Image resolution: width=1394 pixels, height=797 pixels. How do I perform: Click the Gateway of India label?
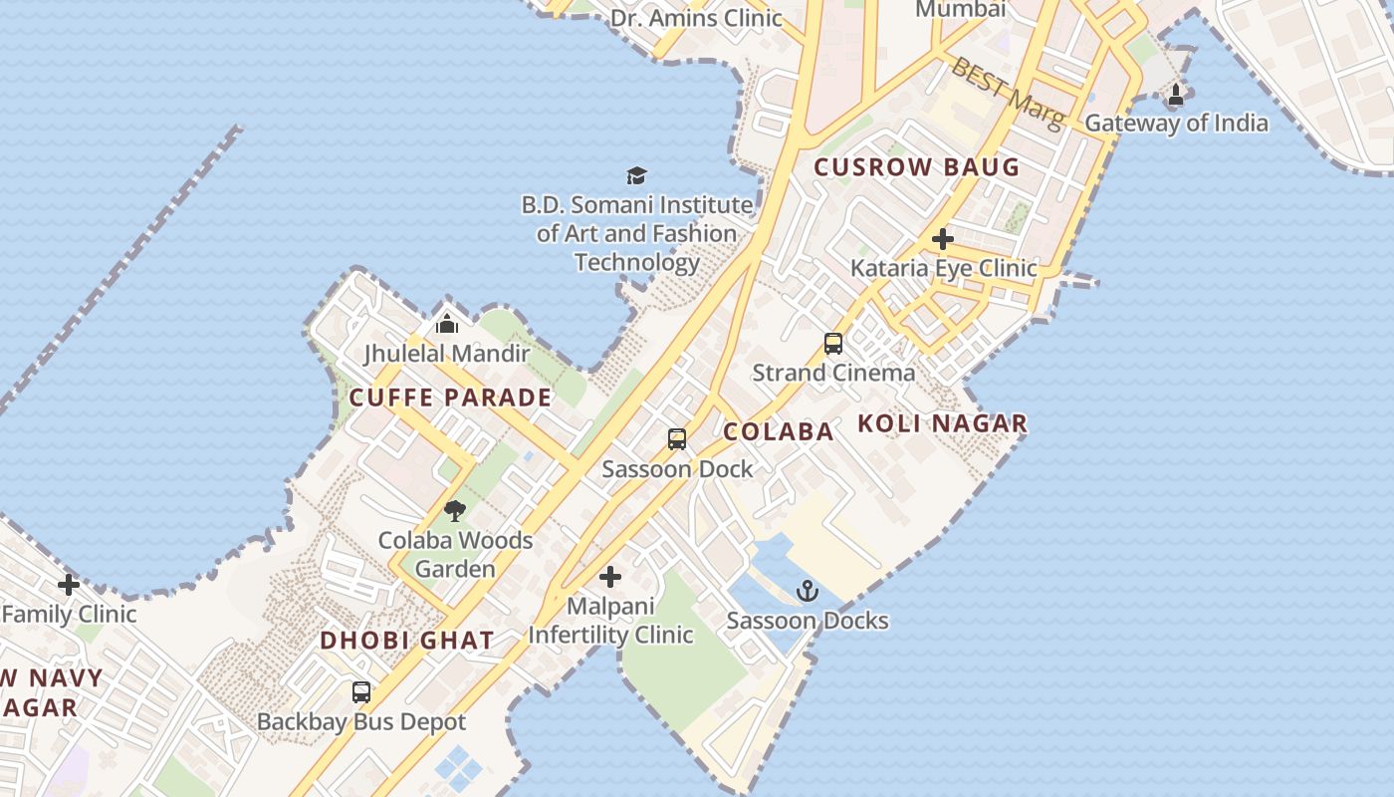point(1176,124)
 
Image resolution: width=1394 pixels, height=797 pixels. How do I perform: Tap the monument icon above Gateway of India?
point(1176,96)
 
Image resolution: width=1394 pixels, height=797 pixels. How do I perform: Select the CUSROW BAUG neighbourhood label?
point(917,167)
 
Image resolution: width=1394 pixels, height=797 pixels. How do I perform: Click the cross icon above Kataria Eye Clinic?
point(943,239)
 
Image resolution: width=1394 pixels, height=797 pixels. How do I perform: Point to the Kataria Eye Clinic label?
point(943,268)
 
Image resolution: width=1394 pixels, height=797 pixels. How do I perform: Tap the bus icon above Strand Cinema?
point(833,344)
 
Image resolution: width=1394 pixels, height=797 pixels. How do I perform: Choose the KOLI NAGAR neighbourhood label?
point(942,423)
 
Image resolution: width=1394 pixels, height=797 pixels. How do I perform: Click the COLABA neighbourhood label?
point(778,431)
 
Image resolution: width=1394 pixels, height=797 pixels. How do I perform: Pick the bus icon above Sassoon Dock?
point(677,439)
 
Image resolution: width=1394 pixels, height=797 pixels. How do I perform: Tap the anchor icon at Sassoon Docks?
point(808,592)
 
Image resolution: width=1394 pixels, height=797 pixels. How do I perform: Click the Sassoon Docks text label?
point(807,621)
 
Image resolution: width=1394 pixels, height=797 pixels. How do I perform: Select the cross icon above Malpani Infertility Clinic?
point(610,577)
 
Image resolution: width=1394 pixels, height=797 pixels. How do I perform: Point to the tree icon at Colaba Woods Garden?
point(455,512)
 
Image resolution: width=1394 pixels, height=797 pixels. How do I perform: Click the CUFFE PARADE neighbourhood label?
point(450,398)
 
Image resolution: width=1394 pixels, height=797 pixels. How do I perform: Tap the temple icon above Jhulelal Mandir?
point(447,324)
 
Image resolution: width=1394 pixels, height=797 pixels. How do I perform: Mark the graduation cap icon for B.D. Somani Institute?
point(637,176)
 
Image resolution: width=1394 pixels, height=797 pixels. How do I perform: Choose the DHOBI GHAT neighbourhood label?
point(406,641)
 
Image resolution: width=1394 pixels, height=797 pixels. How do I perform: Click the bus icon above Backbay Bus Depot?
point(361,692)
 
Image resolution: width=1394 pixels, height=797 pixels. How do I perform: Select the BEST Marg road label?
point(1008,93)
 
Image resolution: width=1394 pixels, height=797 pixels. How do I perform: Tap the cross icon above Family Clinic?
point(69,585)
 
